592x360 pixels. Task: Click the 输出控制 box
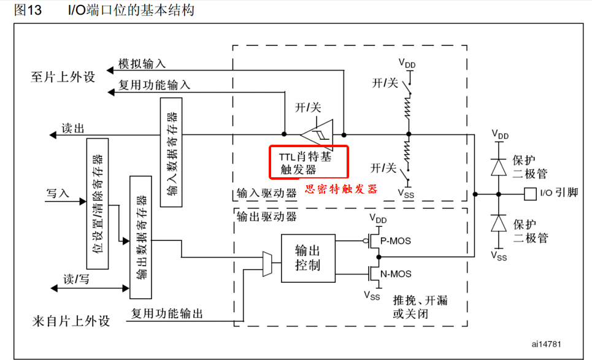(308, 258)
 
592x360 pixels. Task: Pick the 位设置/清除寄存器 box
(97, 204)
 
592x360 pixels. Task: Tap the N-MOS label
(396, 274)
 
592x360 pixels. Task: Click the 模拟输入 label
(142, 64)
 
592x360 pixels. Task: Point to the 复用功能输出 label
(166, 313)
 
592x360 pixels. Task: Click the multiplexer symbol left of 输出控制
(267, 263)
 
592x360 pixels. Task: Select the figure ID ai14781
(547, 344)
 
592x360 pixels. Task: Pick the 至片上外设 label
(64, 77)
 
